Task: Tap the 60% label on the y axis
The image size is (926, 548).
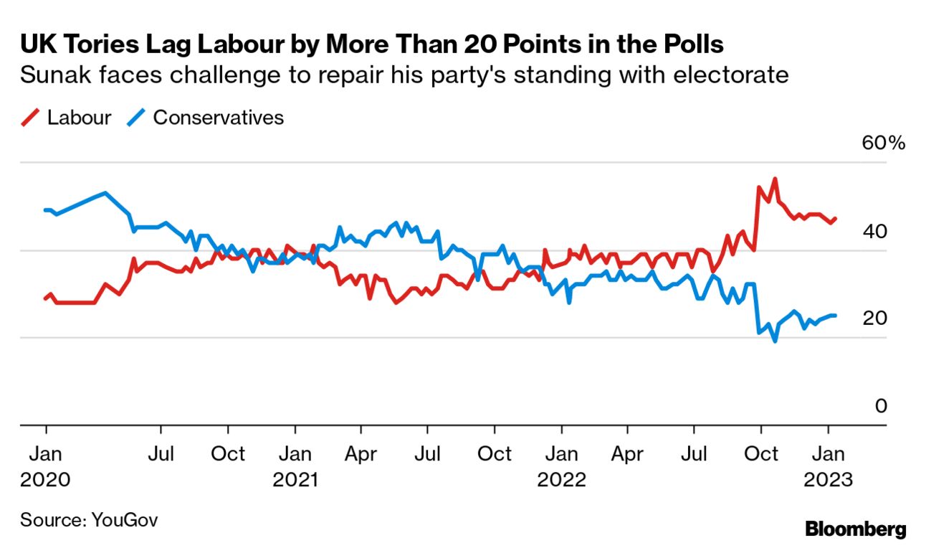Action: [x=884, y=143]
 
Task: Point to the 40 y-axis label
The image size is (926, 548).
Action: [x=875, y=232]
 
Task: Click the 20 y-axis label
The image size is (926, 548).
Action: [x=875, y=318]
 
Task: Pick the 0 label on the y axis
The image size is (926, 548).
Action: [x=881, y=406]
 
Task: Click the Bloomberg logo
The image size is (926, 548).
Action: [x=856, y=529]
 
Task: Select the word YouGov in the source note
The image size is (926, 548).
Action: [x=125, y=520]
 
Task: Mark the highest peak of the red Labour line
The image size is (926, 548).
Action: [x=774, y=179]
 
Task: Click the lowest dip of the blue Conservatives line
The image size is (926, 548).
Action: [x=775, y=341]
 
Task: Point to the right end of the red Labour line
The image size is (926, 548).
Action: [x=836, y=219]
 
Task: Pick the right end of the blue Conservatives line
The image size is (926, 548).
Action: [x=835, y=316]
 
